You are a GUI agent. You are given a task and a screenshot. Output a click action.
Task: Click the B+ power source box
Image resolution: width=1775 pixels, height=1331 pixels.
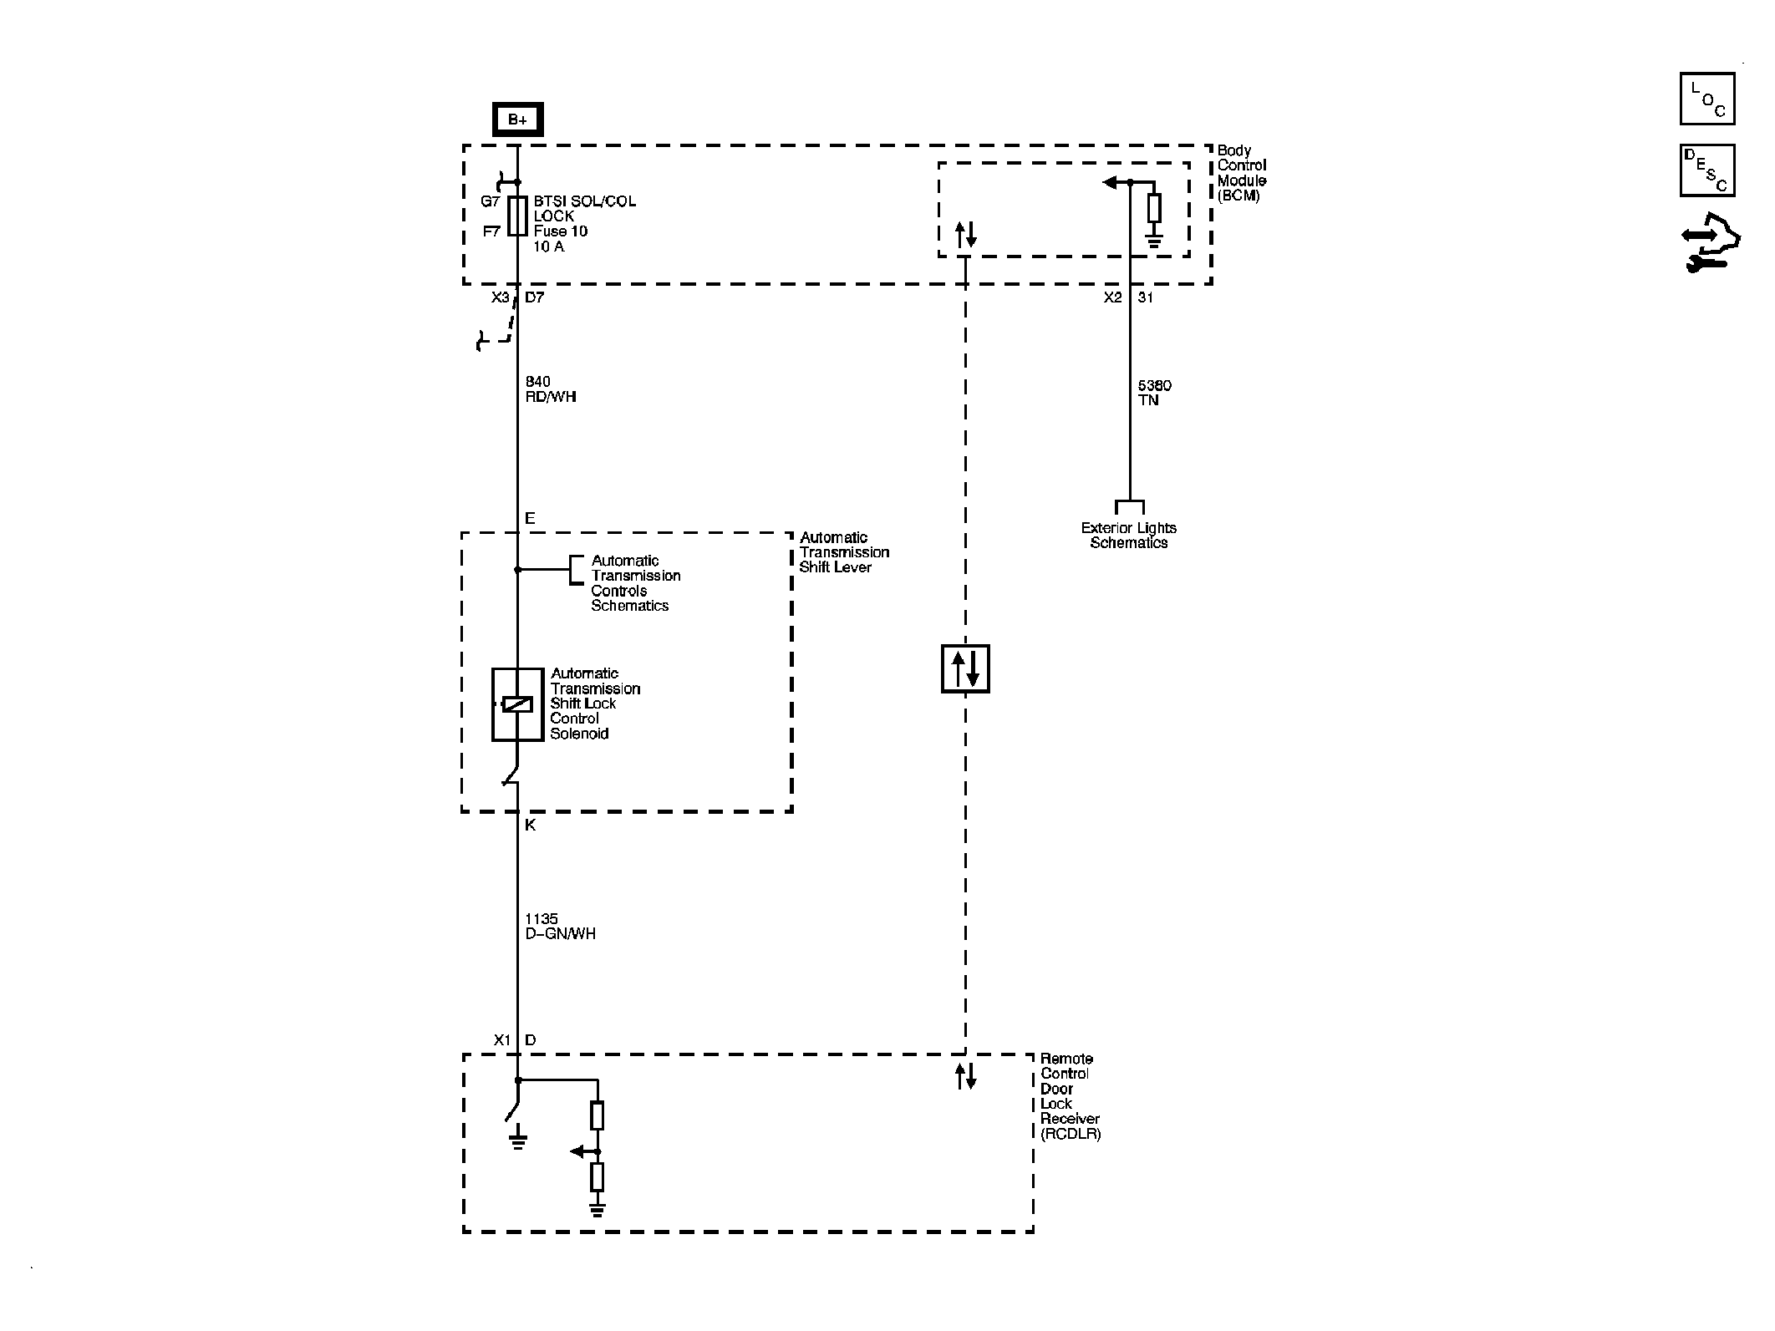click(517, 119)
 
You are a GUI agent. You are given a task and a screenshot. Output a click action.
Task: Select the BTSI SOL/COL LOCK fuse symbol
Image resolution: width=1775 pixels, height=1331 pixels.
click(517, 216)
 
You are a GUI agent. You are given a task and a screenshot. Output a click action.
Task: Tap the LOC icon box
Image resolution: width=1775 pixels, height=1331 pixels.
click(1706, 99)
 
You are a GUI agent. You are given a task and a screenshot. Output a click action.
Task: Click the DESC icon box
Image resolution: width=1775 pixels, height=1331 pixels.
click(1706, 170)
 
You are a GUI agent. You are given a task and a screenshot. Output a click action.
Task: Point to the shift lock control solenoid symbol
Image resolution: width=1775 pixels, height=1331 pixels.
click(517, 704)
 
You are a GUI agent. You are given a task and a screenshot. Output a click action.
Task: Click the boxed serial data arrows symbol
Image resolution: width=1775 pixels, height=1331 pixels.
click(965, 668)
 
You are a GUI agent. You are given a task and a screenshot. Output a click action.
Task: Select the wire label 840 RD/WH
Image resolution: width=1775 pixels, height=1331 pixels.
click(551, 389)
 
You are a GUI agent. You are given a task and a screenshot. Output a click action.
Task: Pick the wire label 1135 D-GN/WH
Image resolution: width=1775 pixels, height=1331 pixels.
click(560, 927)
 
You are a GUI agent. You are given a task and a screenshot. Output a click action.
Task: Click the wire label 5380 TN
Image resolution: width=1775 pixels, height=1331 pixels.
click(1154, 393)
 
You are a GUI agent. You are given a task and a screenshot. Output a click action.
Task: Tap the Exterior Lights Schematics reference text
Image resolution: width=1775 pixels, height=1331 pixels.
click(1128, 536)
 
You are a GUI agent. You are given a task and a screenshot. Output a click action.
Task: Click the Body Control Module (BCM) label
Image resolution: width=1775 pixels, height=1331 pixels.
click(1241, 173)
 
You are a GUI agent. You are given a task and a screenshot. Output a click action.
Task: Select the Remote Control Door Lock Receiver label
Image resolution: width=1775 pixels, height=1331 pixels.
click(1070, 1096)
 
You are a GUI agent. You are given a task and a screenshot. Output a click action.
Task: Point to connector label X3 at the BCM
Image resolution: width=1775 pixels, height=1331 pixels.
click(500, 297)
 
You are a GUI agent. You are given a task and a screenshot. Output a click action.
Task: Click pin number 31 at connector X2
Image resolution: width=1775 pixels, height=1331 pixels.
click(1146, 297)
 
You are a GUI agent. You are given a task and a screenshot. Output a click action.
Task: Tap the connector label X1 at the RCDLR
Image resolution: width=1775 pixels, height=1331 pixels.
click(501, 1040)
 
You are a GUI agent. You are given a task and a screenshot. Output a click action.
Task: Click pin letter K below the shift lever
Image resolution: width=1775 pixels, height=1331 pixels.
click(531, 826)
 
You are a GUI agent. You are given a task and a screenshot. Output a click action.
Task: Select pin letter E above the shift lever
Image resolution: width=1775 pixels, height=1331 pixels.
click(530, 519)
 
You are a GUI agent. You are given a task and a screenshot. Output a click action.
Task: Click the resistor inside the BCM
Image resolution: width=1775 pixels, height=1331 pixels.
click(1154, 208)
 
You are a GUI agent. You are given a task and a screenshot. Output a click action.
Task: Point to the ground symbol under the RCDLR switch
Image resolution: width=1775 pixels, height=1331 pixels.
click(518, 1141)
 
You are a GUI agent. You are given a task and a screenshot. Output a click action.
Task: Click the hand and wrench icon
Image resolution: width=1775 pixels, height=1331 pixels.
click(1709, 243)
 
